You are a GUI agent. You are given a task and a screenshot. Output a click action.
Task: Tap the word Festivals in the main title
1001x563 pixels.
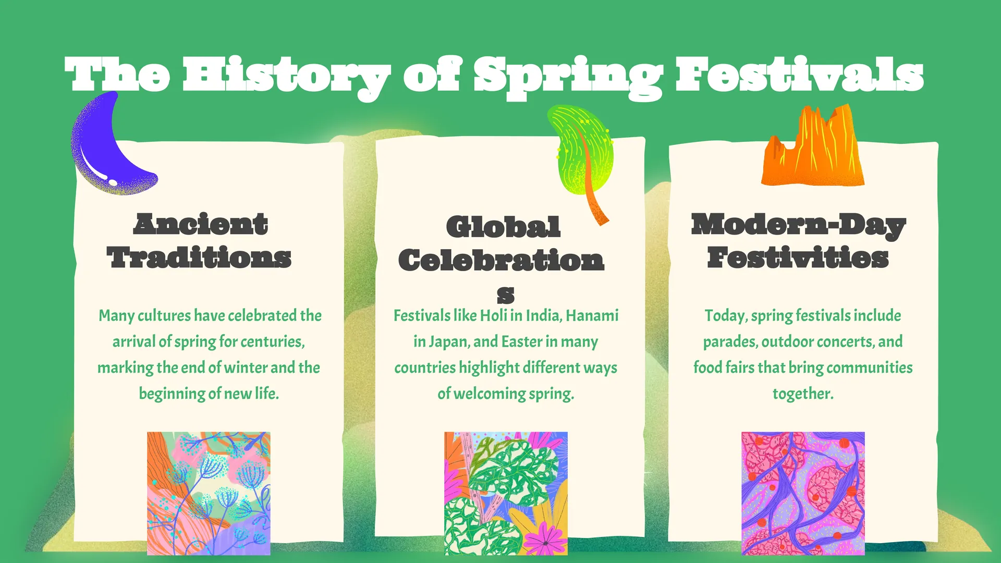(800, 74)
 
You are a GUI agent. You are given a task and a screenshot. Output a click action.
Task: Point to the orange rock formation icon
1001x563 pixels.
(812, 146)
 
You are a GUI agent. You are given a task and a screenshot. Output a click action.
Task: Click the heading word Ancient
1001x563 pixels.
(201, 224)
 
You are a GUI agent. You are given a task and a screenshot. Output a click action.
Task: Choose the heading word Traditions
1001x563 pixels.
(199, 258)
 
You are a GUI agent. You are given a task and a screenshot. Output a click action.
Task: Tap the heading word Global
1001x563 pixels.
(504, 227)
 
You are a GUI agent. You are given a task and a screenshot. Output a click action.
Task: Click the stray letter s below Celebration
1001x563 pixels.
(505, 295)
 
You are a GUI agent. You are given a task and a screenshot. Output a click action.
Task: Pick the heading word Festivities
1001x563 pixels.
(798, 258)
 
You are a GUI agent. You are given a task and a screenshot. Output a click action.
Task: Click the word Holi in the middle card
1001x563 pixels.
(493, 316)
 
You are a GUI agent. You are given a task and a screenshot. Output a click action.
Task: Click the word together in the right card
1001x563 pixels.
(803, 394)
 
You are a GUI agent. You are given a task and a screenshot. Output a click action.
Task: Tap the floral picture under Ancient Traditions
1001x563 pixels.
(209, 493)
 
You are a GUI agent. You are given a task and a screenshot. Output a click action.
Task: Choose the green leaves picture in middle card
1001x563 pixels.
(506, 493)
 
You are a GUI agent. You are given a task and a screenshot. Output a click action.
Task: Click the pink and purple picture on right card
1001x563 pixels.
(803, 493)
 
